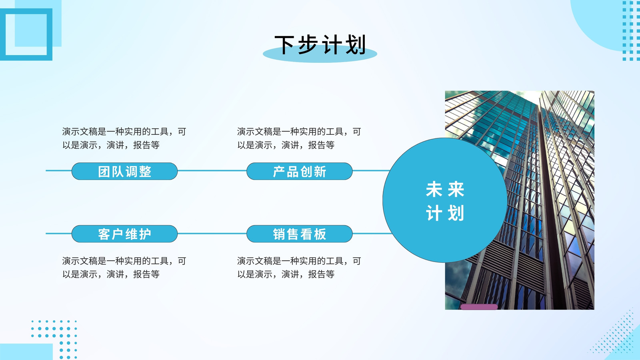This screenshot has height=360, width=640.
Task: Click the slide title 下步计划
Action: (x=320, y=45)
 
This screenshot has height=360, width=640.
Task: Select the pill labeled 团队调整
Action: (x=124, y=171)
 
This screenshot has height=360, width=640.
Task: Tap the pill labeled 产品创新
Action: (x=300, y=171)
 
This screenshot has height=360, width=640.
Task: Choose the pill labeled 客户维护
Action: (x=124, y=234)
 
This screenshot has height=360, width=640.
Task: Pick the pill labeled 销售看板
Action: (x=300, y=234)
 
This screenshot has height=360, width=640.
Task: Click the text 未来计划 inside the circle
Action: (x=445, y=201)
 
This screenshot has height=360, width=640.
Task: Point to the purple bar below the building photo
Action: (x=479, y=307)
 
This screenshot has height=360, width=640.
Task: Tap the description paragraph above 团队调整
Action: (x=124, y=138)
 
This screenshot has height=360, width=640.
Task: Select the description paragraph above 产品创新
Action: (x=299, y=138)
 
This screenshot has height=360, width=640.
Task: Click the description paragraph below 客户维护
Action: (x=124, y=268)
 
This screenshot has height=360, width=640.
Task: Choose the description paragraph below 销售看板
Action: (x=299, y=268)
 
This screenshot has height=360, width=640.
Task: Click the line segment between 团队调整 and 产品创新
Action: (x=212, y=170)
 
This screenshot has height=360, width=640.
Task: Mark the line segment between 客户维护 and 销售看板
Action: (x=212, y=234)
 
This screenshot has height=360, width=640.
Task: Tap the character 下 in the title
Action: (x=284, y=45)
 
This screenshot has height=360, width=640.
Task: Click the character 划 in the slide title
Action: (x=356, y=45)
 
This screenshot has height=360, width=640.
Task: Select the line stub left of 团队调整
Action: (x=58, y=170)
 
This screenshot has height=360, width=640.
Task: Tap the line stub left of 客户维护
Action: (x=58, y=234)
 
